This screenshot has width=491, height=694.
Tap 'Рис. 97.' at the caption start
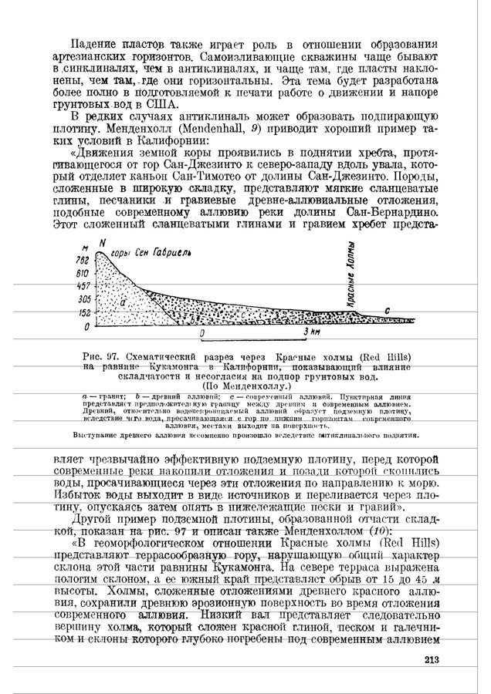(105, 357)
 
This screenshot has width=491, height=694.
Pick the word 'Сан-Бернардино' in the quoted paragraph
(392, 211)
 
